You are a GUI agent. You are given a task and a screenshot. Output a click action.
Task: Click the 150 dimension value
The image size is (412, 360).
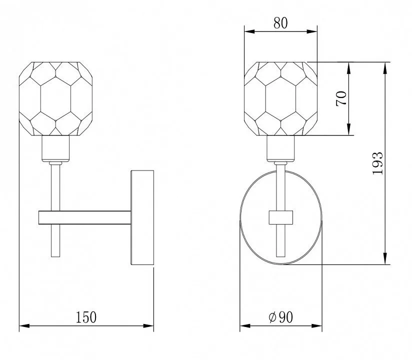tap(86, 317)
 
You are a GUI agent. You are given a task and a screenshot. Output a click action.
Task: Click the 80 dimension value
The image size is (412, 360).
tap(280, 23)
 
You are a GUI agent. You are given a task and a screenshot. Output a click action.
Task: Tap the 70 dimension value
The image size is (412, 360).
tap(341, 98)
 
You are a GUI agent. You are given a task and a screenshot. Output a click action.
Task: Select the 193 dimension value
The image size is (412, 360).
tap(378, 163)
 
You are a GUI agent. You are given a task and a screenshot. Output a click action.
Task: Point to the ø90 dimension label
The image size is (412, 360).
tap(280, 317)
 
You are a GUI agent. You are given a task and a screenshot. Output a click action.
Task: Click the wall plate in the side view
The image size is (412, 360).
tap(142, 217)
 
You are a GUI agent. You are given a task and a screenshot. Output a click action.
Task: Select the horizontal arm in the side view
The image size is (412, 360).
tap(84, 217)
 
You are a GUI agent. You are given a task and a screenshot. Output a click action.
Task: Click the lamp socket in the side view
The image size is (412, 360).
tap(55, 148)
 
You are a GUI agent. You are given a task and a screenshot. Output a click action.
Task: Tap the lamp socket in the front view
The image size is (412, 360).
tap(280, 148)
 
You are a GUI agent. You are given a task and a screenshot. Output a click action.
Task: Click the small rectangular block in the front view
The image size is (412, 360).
tap(280, 217)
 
